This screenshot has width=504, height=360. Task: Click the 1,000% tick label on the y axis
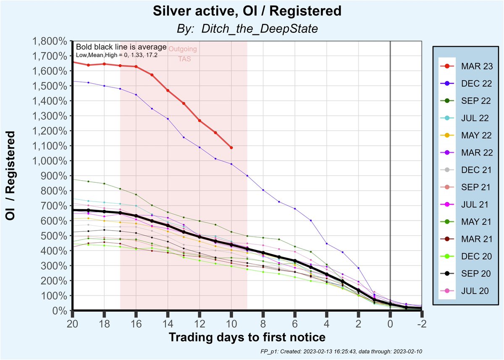pos(50,161)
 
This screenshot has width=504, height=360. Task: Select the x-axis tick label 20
pos(73,324)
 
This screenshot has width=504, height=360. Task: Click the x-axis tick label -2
pos(421,324)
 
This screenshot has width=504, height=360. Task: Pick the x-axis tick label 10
pos(231,324)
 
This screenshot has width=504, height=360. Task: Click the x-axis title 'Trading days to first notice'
pos(247,337)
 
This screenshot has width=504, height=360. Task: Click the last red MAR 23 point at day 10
pos(231,147)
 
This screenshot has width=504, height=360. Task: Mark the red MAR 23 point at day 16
pos(136,66)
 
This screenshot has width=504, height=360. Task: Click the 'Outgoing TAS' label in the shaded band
pos(183,54)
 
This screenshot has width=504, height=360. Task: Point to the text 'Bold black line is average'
pos(121,47)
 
